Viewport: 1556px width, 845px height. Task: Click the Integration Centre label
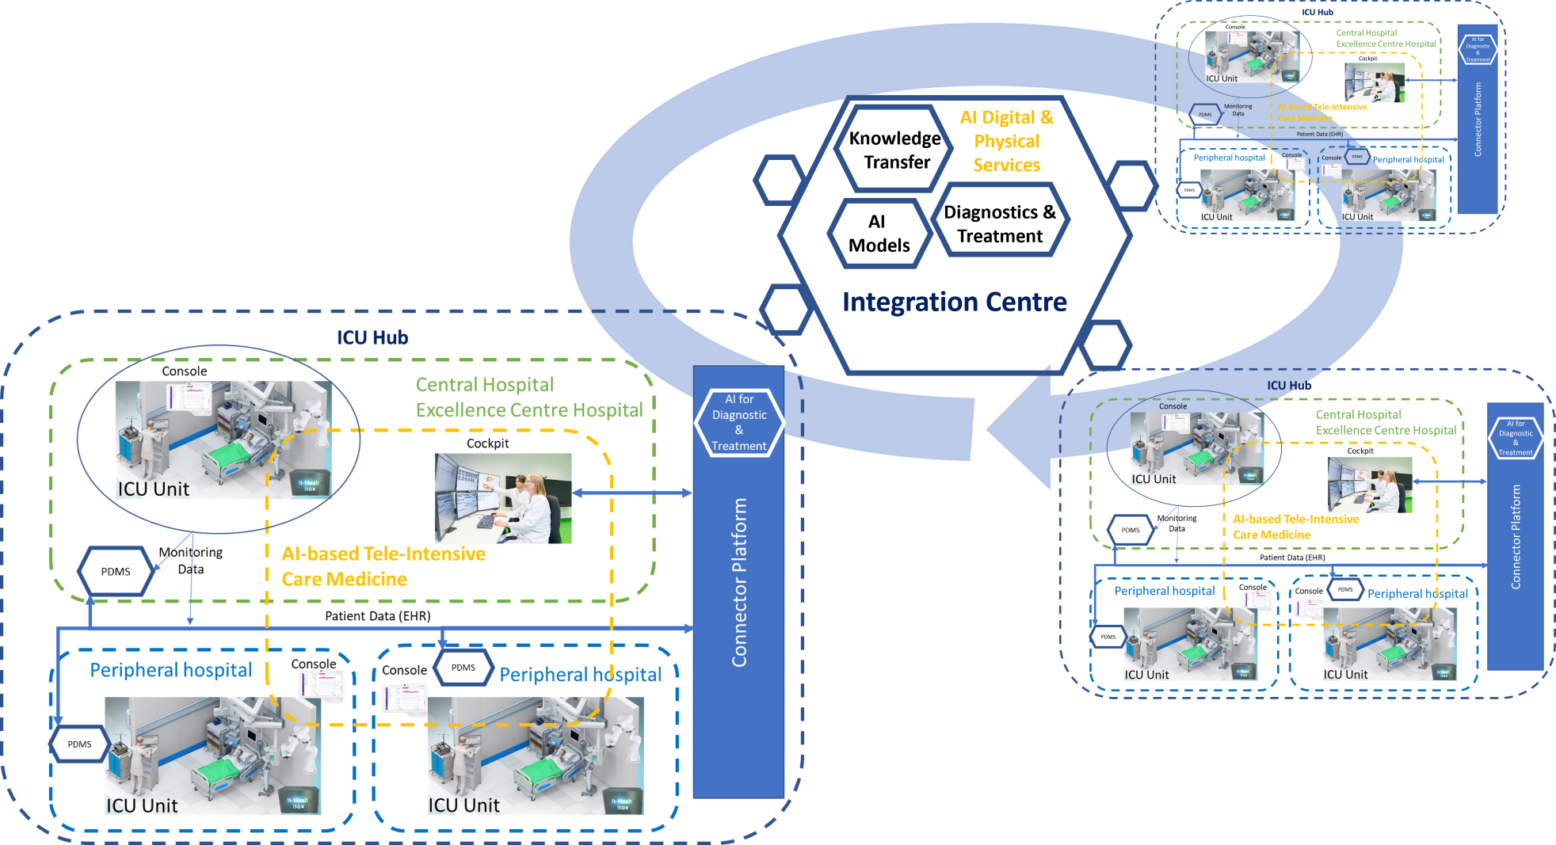tap(954, 302)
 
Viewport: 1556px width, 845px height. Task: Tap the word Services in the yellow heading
tap(1006, 166)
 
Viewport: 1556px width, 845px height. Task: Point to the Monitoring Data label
tap(1238, 110)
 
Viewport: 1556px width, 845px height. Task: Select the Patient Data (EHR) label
tap(1319, 134)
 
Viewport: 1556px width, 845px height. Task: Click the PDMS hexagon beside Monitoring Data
tap(1205, 115)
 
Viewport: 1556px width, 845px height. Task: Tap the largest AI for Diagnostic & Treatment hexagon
tap(739, 423)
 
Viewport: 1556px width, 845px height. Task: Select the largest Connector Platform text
tap(739, 582)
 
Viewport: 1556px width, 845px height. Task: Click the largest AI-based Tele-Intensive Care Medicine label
tap(383, 566)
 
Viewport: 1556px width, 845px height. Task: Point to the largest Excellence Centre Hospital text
tap(529, 410)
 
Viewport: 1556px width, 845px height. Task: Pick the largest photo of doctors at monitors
tap(503, 498)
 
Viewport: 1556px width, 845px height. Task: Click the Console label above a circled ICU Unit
tap(1173, 406)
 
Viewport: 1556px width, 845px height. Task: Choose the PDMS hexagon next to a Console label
tap(1357, 157)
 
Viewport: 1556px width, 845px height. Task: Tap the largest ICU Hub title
tap(372, 338)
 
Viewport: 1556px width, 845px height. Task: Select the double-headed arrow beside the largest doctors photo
tap(632, 493)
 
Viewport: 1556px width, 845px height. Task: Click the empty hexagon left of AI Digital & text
tap(892, 147)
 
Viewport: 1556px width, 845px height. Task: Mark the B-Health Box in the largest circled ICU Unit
tap(309, 485)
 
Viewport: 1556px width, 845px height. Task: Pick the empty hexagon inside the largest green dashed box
tap(115, 570)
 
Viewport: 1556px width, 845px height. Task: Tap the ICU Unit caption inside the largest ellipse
tap(154, 489)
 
